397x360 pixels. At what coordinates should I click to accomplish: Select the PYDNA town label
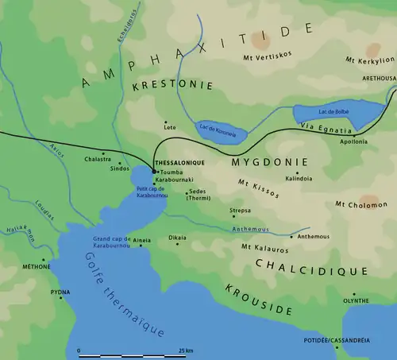point(60,292)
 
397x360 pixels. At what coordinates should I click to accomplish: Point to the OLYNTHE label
point(355,300)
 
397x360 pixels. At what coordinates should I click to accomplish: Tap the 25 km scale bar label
point(187,350)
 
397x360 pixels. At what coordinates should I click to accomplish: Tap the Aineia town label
point(142,238)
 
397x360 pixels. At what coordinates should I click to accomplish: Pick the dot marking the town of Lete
point(164,121)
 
